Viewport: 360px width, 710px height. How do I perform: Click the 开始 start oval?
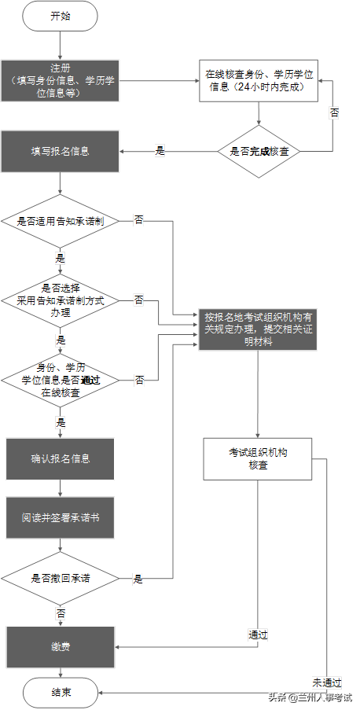(60, 16)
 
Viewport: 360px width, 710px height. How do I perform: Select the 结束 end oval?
(60, 692)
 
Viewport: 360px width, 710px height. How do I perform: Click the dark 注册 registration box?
(60, 80)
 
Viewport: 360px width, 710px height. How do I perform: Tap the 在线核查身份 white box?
(259, 80)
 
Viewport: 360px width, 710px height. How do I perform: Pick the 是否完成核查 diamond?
(259, 151)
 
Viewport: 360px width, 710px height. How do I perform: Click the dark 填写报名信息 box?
(60, 151)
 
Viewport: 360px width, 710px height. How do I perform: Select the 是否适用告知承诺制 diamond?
(60, 221)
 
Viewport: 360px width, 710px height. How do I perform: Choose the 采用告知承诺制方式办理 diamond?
(60, 300)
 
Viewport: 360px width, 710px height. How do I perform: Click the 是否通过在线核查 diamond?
(60, 380)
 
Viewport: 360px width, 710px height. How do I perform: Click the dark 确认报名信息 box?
(60, 458)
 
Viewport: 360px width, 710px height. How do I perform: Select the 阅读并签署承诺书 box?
(60, 520)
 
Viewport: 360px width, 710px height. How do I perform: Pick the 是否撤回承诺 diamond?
(60, 578)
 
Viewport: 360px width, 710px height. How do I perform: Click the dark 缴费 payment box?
(60, 647)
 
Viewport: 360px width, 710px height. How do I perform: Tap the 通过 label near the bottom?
(258, 635)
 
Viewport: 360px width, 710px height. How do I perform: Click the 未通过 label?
(323, 682)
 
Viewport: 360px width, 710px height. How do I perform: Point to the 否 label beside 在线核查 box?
(335, 112)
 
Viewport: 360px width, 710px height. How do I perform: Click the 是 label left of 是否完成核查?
(160, 151)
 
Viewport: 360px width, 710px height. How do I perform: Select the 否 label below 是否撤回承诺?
(61, 611)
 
